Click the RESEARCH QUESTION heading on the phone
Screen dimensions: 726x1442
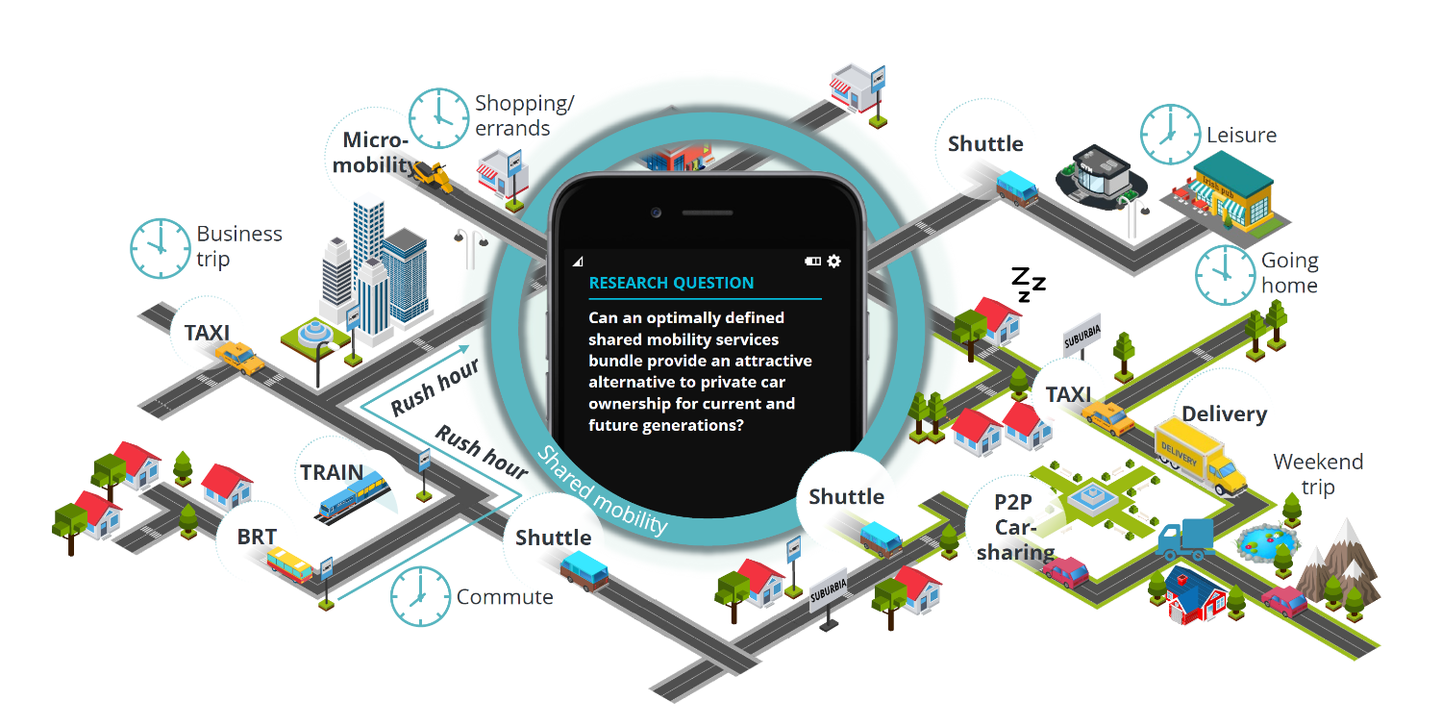(x=671, y=283)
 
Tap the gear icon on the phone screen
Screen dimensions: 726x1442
(x=833, y=261)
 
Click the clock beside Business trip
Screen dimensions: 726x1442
(x=161, y=248)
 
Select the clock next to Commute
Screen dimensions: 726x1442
(x=420, y=596)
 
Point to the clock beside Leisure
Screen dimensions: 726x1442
(x=1170, y=135)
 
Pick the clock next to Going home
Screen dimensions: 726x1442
(x=1225, y=274)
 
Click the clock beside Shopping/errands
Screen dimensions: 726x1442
(x=438, y=118)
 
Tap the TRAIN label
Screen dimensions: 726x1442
(x=332, y=473)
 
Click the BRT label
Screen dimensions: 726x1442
(x=257, y=537)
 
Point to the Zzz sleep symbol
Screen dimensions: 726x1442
(x=1027, y=283)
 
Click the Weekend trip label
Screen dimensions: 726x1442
(x=1318, y=473)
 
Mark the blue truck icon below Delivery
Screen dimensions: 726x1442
(x=1185, y=540)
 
